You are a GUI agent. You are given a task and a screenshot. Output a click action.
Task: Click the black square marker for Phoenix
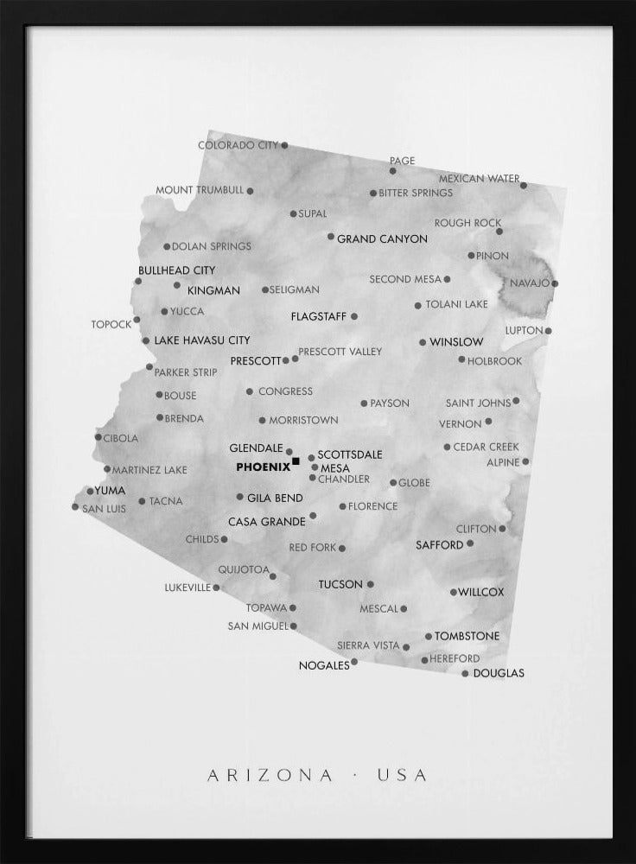[296, 462]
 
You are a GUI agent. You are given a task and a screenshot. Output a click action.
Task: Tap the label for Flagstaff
[318, 316]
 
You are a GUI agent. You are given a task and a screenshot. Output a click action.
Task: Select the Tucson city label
[340, 584]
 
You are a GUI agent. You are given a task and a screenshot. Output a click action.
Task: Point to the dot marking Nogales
[354, 663]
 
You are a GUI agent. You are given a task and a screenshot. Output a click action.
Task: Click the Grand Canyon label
[382, 238]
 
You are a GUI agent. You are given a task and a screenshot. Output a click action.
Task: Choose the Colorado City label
[238, 145]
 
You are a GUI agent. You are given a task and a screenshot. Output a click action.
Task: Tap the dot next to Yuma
[90, 491]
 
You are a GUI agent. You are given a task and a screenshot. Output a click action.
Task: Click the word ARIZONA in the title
[270, 775]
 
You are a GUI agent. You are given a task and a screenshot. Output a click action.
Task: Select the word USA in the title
[402, 775]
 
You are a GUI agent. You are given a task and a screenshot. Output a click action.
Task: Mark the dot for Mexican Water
[524, 185]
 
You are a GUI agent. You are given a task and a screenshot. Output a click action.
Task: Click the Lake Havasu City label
[202, 340]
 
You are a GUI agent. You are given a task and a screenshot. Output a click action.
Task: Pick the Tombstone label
[467, 636]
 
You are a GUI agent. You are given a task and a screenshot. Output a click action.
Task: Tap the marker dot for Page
[392, 171]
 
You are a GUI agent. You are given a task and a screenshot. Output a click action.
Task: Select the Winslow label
[456, 342]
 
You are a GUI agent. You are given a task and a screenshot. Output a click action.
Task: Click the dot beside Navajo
[555, 283]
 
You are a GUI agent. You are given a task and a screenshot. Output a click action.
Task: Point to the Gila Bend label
[275, 498]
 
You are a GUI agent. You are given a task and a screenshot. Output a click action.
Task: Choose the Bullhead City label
[176, 270]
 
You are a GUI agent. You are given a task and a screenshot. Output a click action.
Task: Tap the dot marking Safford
[470, 543]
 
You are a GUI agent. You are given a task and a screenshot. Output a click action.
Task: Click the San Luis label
[104, 509]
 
